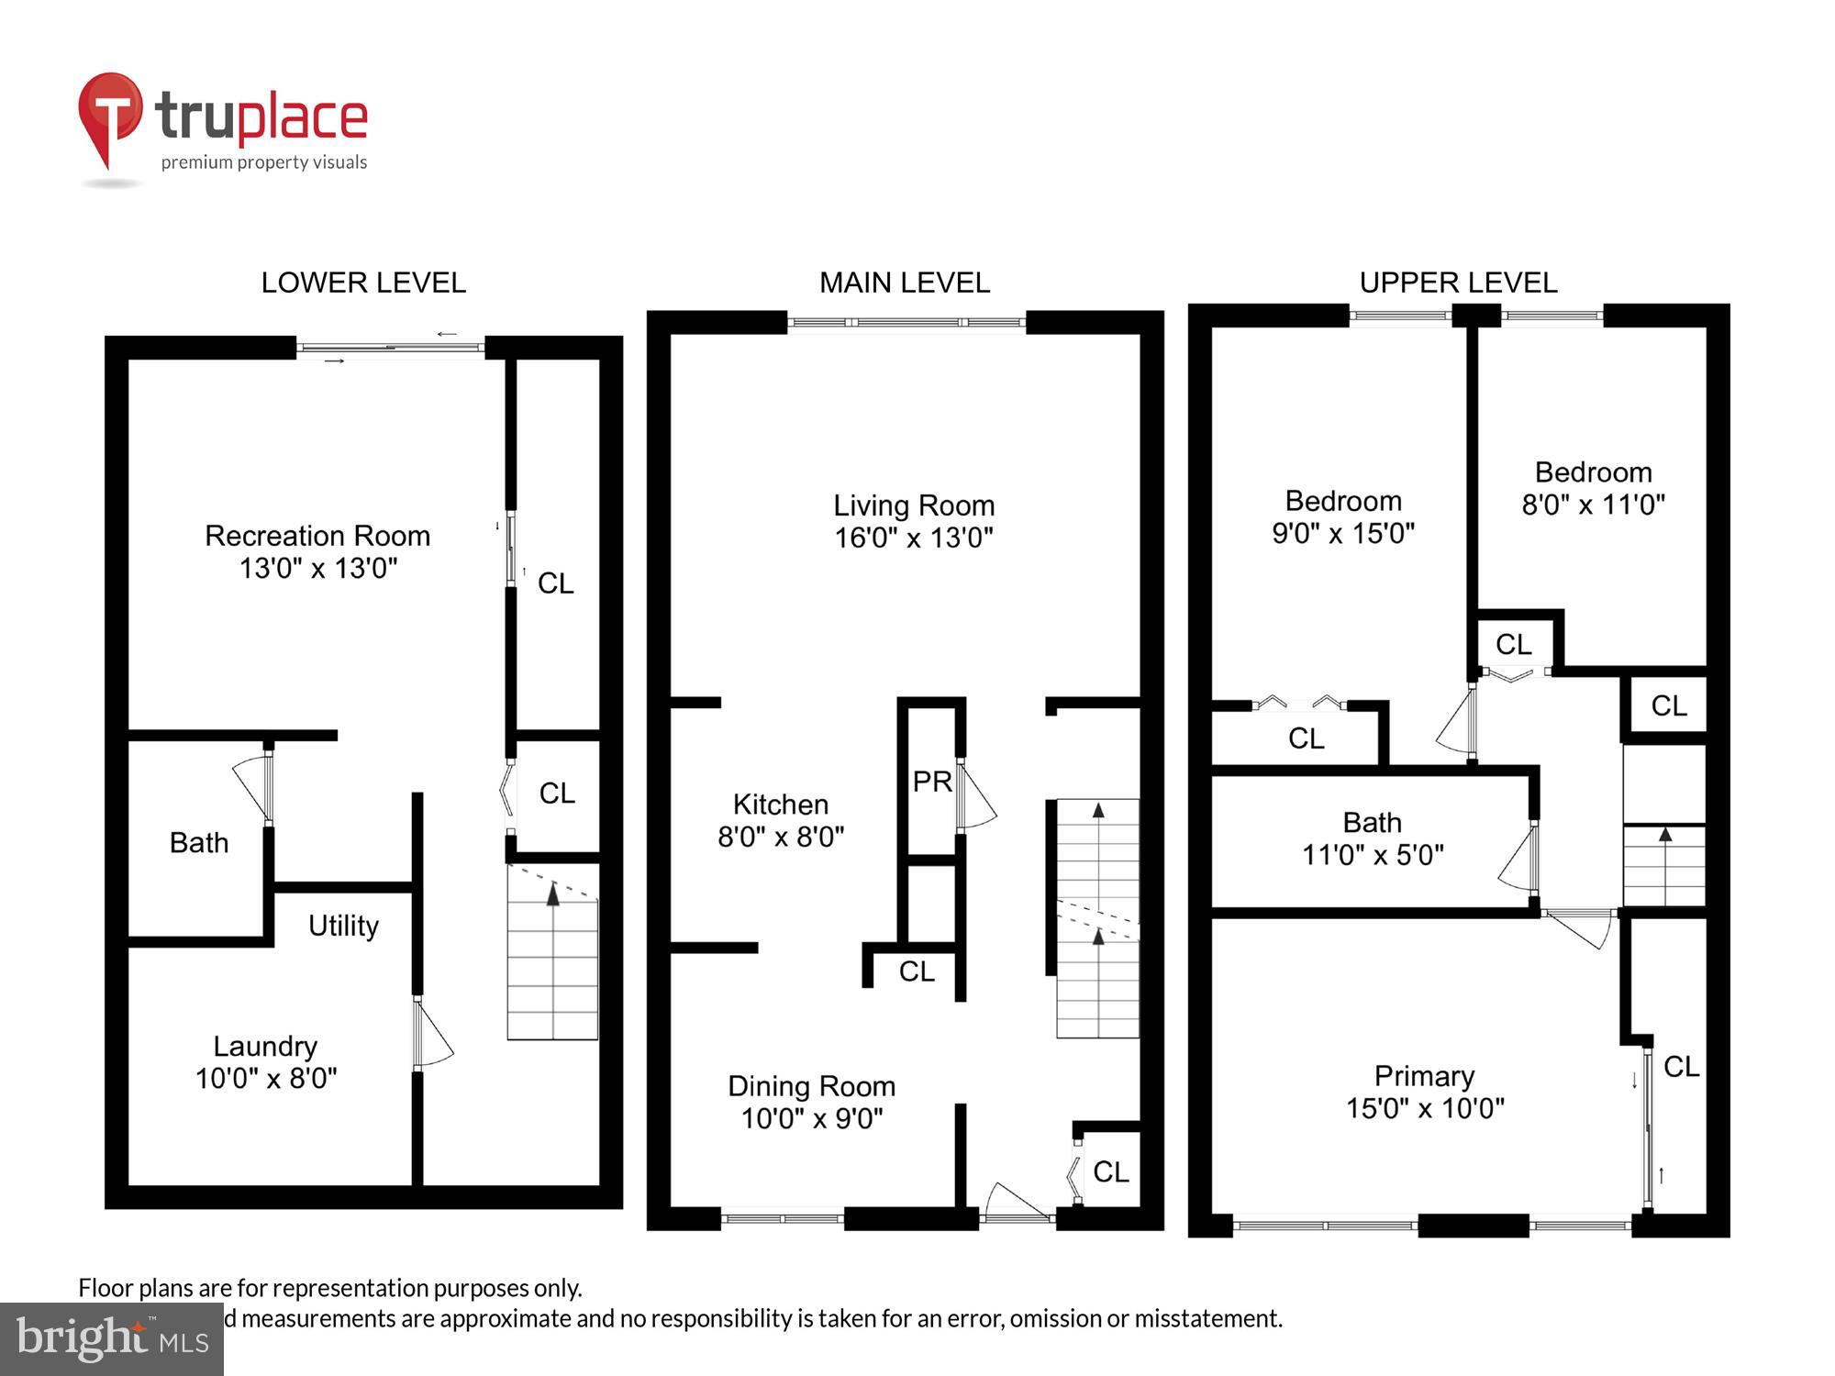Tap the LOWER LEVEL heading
[x=363, y=283]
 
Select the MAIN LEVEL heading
[x=904, y=283]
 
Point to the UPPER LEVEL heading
[x=1458, y=283]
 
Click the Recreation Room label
[x=317, y=536]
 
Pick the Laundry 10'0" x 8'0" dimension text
[x=266, y=1078]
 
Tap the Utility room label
[x=343, y=926]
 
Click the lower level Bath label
[x=199, y=842]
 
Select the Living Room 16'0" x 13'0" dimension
[x=913, y=537]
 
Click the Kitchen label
[x=780, y=805]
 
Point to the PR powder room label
[x=932, y=782]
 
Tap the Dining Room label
[x=811, y=1086]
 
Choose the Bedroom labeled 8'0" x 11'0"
[x=1593, y=488]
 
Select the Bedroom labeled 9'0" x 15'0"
[x=1343, y=516]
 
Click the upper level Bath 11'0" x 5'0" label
[x=1373, y=838]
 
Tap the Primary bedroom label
[x=1424, y=1076]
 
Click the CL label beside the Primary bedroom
[x=1681, y=1066]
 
